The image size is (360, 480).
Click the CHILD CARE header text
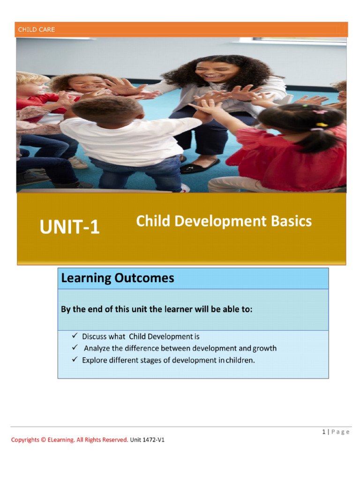[x=37, y=30]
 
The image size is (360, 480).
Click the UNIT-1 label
[x=70, y=228]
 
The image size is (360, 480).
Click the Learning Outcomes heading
[x=117, y=278]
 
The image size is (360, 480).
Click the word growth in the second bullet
[x=265, y=348]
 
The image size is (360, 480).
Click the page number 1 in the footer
[x=324, y=432]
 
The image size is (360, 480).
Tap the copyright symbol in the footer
[x=44, y=440]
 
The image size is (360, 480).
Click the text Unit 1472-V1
[x=147, y=440]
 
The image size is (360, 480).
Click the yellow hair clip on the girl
[x=322, y=125]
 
